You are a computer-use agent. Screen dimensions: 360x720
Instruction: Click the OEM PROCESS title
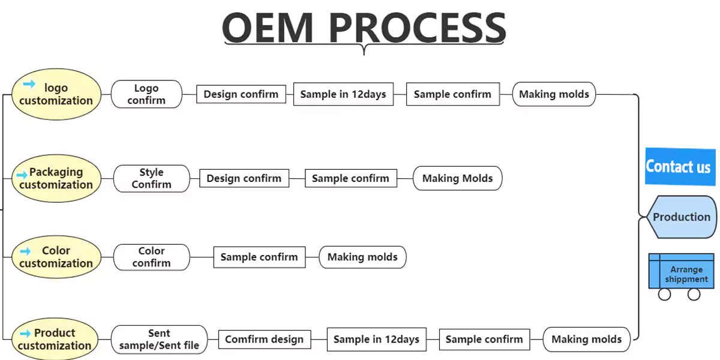tap(364, 27)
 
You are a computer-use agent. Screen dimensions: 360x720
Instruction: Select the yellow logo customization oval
tap(56, 94)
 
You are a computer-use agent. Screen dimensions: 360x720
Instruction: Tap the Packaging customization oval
tap(56, 178)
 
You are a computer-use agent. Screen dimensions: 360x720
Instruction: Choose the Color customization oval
tap(56, 257)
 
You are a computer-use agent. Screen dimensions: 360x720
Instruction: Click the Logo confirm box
tap(146, 94)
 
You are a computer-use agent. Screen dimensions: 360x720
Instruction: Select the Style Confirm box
tap(151, 178)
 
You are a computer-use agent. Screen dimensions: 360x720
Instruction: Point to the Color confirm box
tap(151, 257)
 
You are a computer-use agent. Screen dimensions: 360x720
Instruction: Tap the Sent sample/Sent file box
tap(159, 339)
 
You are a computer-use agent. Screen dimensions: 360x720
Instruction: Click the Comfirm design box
tap(265, 340)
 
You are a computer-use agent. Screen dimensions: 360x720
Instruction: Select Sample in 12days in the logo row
tap(343, 94)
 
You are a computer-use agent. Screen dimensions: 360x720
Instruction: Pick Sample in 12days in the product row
tap(376, 340)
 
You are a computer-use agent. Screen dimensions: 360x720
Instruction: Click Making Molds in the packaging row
tap(457, 178)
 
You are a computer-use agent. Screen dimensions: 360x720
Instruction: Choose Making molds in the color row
tap(362, 257)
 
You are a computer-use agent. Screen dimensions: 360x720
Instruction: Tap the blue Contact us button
tap(678, 166)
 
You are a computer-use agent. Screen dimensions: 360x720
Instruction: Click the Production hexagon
tap(681, 217)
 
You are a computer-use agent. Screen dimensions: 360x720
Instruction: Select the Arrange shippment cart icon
tap(681, 274)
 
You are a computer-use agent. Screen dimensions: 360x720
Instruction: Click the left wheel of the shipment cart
tap(664, 294)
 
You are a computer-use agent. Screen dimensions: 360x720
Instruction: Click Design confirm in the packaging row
tap(244, 178)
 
